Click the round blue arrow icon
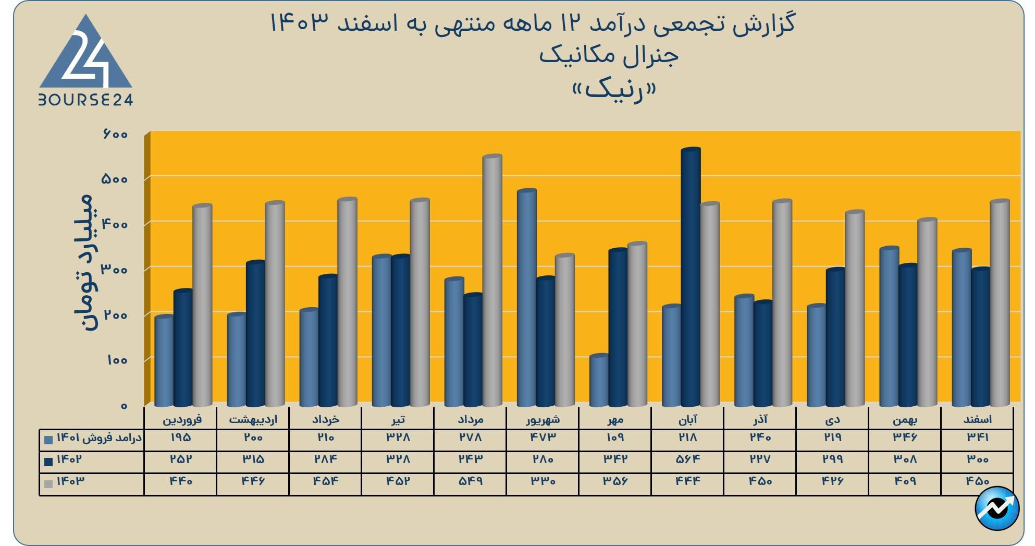[996, 508]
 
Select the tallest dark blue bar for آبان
[691, 276]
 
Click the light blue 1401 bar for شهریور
[526, 297]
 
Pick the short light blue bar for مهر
[599, 381]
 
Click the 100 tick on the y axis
[117, 360]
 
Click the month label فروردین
[182, 419]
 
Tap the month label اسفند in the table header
[978, 419]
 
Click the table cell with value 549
[470, 481]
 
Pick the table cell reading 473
[543, 437]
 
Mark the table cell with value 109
[615, 437]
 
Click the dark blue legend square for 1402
[49, 462]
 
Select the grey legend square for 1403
[49, 483]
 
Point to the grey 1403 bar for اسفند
[1000, 302]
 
